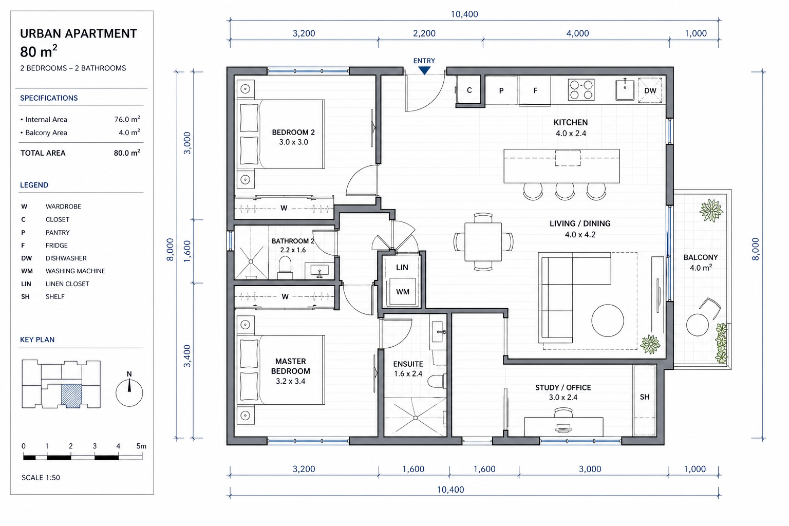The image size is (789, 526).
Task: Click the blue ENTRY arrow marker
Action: pos(424,71)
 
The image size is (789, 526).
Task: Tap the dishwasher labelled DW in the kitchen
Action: pos(650,90)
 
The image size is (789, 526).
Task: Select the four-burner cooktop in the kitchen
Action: pos(581,90)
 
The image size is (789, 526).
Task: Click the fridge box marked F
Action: pos(535,90)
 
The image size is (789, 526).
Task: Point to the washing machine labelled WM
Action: pos(402,292)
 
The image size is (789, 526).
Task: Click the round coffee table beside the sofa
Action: pos(608,321)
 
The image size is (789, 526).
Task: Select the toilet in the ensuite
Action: pos(437,381)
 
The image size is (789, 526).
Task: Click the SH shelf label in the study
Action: pos(645,397)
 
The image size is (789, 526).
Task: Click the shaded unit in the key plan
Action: pos(71,396)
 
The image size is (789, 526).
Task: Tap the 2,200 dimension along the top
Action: pos(424,33)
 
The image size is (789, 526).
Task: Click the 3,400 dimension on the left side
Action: pos(187,356)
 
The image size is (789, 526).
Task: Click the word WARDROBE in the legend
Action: pos(63,206)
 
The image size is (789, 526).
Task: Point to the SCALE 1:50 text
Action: pos(41,478)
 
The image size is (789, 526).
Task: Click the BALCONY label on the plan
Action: pos(701,257)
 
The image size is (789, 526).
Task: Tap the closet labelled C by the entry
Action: pos(469,90)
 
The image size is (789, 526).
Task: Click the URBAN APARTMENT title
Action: pos(78,34)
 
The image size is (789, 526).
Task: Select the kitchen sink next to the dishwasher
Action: pos(625,90)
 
